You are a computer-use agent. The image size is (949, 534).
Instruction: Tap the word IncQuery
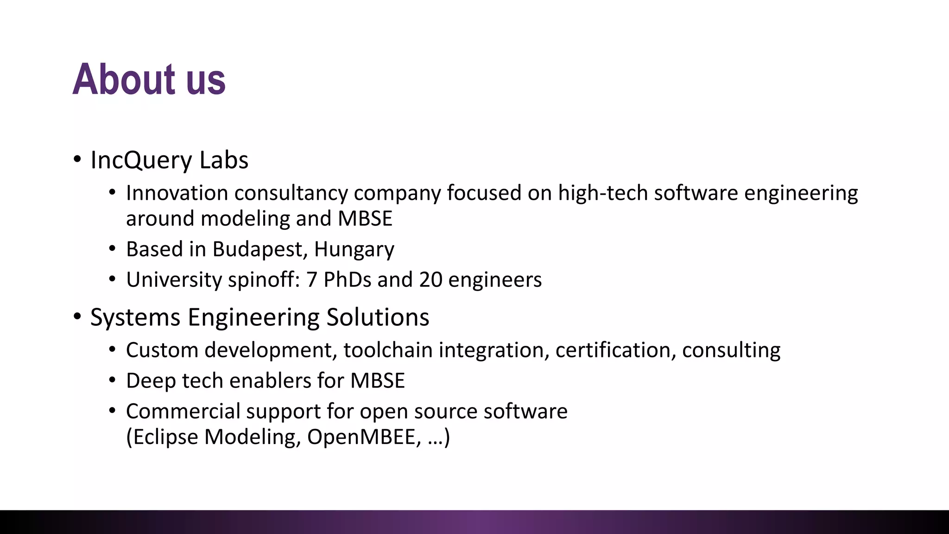[141, 160]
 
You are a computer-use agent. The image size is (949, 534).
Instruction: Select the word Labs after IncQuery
[224, 160]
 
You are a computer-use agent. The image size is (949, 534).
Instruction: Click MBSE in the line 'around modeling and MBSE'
[365, 219]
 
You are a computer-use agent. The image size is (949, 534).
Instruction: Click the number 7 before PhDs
[312, 280]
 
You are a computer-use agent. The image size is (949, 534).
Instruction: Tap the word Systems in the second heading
[135, 318]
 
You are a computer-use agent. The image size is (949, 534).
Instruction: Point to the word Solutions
[378, 318]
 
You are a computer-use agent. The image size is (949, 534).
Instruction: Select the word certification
[615, 350]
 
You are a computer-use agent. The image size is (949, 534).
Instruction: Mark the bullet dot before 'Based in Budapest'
[112, 249]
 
